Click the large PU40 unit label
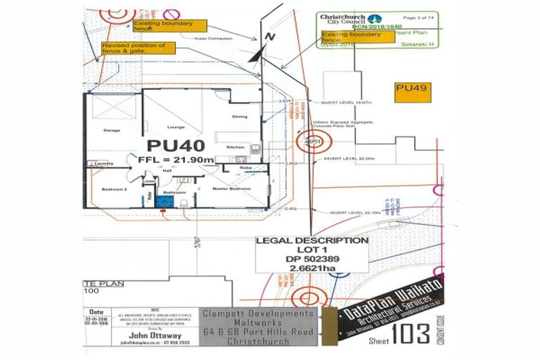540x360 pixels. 176,146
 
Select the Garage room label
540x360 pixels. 112,130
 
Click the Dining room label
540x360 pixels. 239,116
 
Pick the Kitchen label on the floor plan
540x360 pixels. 234,147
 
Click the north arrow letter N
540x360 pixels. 269,36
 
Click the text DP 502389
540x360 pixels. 311,259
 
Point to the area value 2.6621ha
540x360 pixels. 311,268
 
